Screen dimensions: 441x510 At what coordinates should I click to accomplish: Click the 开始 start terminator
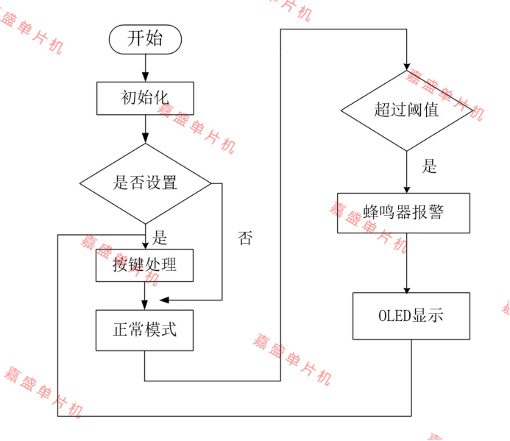(x=145, y=39)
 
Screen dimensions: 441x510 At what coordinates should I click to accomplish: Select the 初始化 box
(x=145, y=98)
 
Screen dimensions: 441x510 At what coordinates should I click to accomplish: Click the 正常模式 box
(x=145, y=330)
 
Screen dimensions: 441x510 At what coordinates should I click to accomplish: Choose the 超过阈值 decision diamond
(x=406, y=110)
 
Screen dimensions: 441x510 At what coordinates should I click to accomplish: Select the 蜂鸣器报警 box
(x=403, y=213)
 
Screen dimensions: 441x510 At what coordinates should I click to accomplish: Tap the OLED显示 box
(x=411, y=317)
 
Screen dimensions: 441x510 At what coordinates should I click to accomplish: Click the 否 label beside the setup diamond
(x=245, y=239)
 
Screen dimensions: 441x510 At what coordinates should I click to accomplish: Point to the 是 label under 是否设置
(x=160, y=238)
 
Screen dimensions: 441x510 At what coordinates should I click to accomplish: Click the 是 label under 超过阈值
(x=429, y=167)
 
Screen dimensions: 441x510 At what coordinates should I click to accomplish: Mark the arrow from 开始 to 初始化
(x=145, y=68)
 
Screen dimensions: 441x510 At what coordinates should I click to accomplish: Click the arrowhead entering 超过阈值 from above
(x=406, y=66)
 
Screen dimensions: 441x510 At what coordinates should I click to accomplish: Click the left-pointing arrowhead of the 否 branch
(x=164, y=300)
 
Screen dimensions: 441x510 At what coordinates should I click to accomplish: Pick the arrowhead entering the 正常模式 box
(x=145, y=305)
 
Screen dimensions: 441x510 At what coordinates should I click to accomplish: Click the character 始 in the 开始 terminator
(x=155, y=39)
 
